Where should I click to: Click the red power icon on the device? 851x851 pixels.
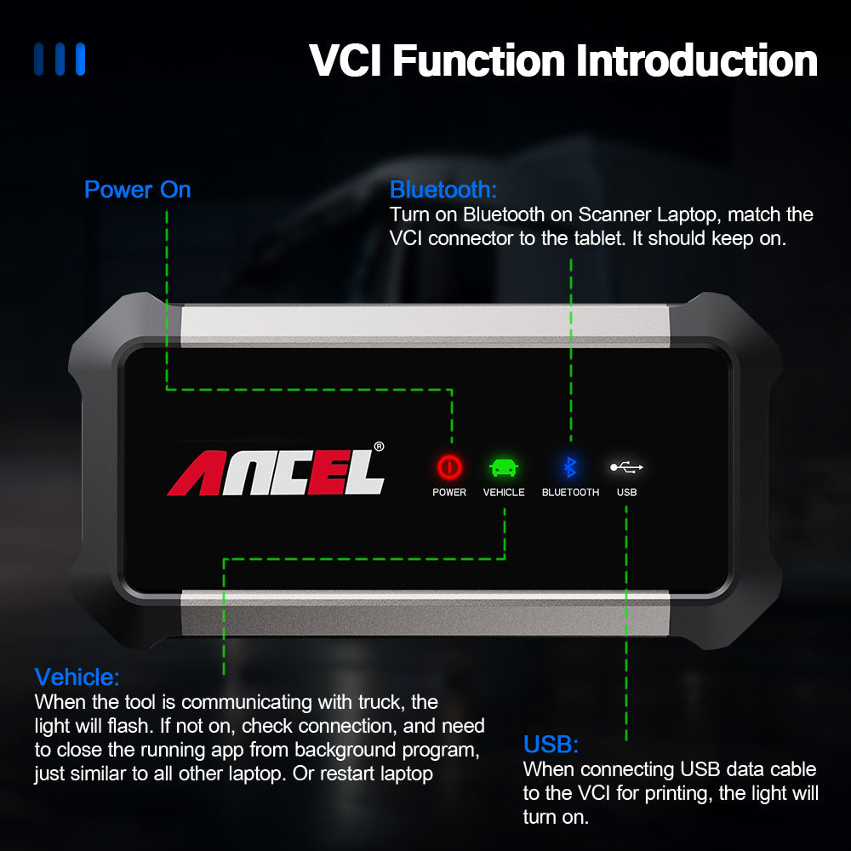point(449,466)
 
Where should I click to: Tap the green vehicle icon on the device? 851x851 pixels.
point(504,467)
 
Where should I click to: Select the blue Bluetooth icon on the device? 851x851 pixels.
point(571,466)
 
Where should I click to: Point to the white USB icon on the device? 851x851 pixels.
point(627,466)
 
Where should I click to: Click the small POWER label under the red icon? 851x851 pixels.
point(449,493)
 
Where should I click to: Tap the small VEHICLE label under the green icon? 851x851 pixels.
point(504,493)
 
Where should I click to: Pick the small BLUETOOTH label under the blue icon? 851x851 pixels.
point(570,493)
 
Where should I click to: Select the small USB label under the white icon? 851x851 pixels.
point(627,493)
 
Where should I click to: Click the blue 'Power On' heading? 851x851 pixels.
point(138,189)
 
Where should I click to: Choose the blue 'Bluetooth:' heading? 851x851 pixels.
point(443,189)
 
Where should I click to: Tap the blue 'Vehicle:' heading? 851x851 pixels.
point(77,677)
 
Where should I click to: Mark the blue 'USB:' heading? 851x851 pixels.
point(551,745)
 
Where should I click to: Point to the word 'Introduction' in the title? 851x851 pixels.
point(698,61)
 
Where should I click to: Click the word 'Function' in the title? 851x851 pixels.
point(481,61)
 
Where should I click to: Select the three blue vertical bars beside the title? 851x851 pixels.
point(60,60)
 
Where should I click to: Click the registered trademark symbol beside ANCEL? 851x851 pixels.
point(379,445)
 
